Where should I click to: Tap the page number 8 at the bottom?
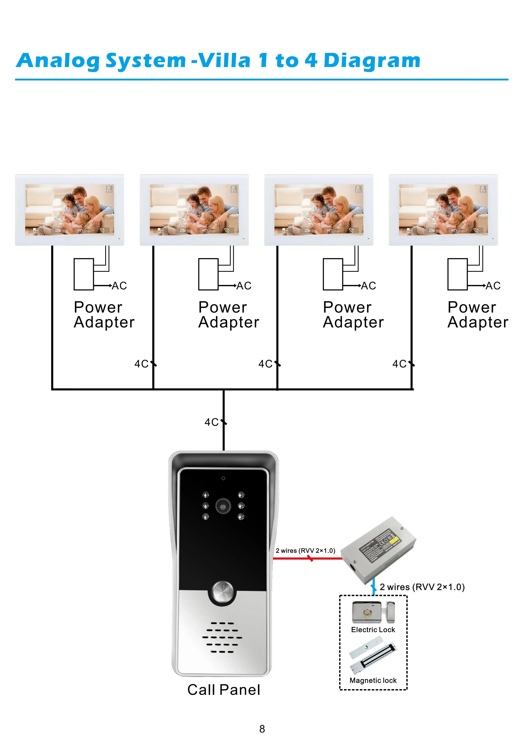(262, 729)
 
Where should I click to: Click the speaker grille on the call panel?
(222, 637)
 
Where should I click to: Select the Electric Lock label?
(373, 630)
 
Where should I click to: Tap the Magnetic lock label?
(373, 680)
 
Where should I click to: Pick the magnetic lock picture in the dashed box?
(373, 656)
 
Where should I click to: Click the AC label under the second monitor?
(244, 286)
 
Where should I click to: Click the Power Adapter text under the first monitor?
(104, 314)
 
